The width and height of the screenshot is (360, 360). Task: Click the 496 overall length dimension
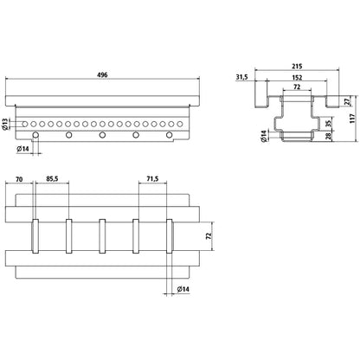pos(102,75)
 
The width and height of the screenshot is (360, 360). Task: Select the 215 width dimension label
pos(297,67)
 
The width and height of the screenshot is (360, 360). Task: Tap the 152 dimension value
pos(297,78)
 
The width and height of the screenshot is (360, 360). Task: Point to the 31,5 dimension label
pos(242,77)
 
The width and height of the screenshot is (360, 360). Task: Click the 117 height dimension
pos(352,119)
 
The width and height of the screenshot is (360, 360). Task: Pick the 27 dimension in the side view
pos(347,101)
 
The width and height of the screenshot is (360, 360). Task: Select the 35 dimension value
pos(329,124)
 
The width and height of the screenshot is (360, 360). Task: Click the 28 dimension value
pos(329,136)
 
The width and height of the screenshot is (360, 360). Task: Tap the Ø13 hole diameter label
pos(5,124)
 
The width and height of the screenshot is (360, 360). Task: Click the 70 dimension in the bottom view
pos(19,179)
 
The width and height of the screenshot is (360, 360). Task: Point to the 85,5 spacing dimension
pos(52,179)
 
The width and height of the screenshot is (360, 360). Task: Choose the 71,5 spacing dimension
pos(152,179)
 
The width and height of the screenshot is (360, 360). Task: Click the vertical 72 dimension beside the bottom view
pos(209,235)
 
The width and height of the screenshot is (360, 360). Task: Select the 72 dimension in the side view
pos(297,87)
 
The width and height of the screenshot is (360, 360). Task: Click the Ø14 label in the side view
pos(264,136)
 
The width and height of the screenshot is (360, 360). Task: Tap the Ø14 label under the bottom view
pos(183,289)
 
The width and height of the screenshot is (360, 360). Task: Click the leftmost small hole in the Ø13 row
pos(25,125)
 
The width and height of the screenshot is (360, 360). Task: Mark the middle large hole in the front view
pos(102,135)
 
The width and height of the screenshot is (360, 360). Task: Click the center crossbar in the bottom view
pos(102,236)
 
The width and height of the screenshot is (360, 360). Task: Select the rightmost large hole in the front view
pos(170,135)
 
